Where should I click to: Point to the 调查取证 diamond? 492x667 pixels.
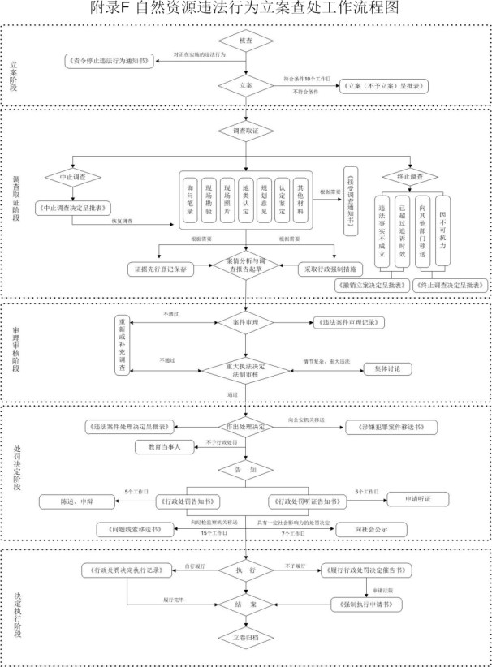pyautogui.click(x=247, y=131)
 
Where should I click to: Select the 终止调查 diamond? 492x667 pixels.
pyautogui.click(x=411, y=176)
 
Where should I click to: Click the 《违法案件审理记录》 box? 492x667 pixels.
pyautogui.click(x=350, y=322)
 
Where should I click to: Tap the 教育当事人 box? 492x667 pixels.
pyautogui.click(x=164, y=447)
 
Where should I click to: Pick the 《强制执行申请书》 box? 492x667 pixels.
pyautogui.click(x=363, y=604)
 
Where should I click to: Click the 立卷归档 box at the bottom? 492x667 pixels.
pyautogui.click(x=247, y=638)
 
